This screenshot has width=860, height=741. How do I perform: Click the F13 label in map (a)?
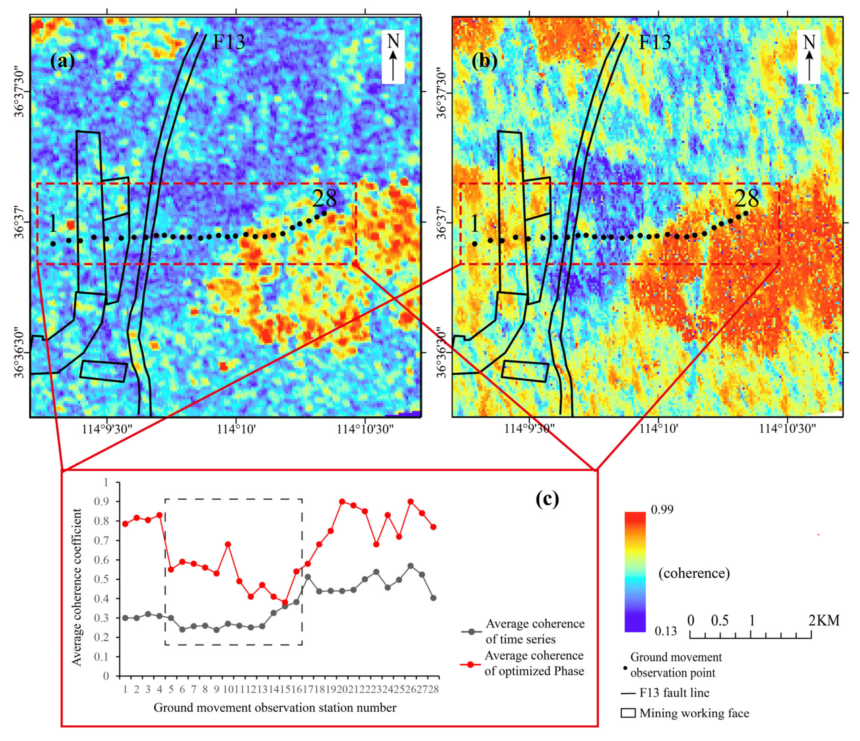click(229, 42)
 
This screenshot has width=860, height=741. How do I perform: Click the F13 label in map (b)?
click(654, 42)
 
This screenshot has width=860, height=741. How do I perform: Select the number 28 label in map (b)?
click(747, 198)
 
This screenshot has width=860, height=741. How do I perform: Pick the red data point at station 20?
click(342, 502)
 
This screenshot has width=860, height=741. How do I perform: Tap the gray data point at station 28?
click(433, 598)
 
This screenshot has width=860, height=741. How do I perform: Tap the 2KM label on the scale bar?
click(824, 620)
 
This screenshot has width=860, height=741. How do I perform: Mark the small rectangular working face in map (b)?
click(525, 371)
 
